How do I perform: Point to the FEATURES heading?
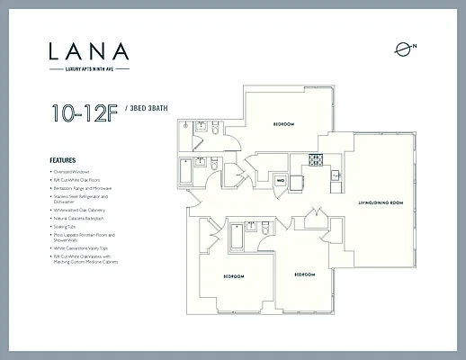pyautogui.click(x=62, y=160)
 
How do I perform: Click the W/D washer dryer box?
pyautogui.click(x=280, y=181)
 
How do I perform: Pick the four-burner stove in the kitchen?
pyautogui.click(x=315, y=161)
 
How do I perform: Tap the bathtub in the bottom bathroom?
pyautogui.click(x=236, y=235)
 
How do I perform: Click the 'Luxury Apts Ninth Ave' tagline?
pyautogui.click(x=89, y=68)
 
